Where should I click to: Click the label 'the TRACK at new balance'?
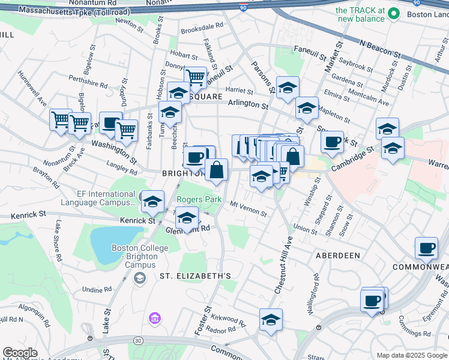pyautogui.click(x=360, y=14)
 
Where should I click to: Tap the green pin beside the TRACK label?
pyautogui.click(x=394, y=12)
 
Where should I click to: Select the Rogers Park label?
pyautogui.click(x=199, y=199)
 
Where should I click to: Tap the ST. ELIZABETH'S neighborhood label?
pyautogui.click(x=195, y=276)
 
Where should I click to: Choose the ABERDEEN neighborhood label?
pyautogui.click(x=338, y=256)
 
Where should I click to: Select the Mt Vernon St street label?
pyautogui.click(x=249, y=208)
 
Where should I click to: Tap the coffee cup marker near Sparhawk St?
pyautogui.click(x=332, y=142)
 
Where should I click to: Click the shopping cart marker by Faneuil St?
pyautogui.click(x=195, y=77)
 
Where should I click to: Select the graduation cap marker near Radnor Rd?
pyautogui.click(x=271, y=319)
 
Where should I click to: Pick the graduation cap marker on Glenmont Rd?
pyautogui.click(x=187, y=218)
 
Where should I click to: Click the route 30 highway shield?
pyautogui.click(x=138, y=340)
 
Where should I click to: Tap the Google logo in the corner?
pyautogui.click(x=20, y=353)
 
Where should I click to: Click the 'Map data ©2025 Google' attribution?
pyautogui.click(x=412, y=355)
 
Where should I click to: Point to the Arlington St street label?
pyautogui.click(x=247, y=105)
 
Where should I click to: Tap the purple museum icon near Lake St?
pyautogui.click(x=155, y=317)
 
